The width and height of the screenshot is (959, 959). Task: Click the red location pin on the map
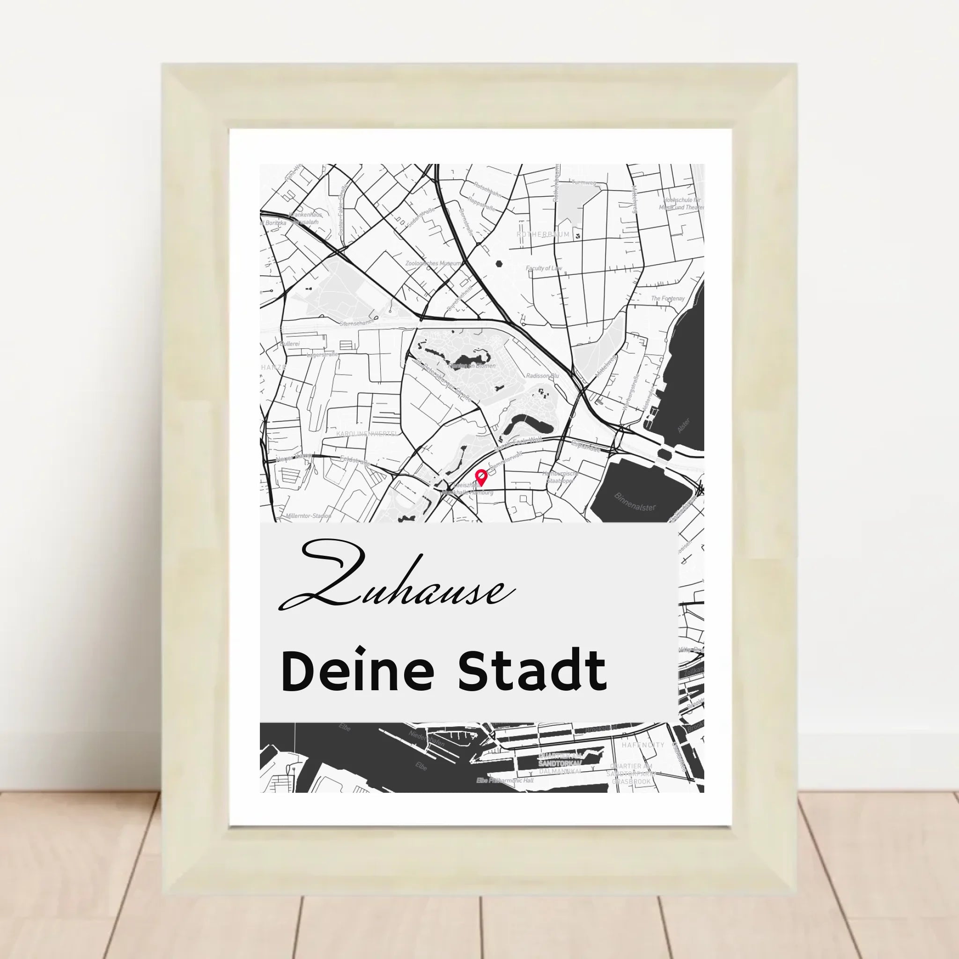(x=480, y=477)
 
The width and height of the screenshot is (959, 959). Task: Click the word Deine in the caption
(x=357, y=672)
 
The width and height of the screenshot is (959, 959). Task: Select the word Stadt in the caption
(x=531, y=672)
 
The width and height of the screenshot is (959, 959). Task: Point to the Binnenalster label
(x=635, y=502)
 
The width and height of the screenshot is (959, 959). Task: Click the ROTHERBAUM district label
(x=543, y=234)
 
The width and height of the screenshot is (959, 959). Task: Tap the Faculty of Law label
(x=544, y=268)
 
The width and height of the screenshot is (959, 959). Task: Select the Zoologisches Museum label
(x=433, y=263)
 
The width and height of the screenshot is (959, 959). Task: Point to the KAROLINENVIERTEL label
(x=367, y=434)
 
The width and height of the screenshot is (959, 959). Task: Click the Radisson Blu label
(x=543, y=376)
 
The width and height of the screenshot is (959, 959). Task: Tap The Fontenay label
(x=668, y=298)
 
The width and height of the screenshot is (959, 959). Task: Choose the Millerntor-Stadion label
(x=308, y=516)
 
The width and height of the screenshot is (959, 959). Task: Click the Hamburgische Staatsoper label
(x=560, y=477)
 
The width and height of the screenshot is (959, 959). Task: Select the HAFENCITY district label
(x=643, y=745)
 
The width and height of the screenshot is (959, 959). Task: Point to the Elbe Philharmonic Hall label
(x=505, y=780)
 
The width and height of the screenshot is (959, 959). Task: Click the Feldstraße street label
(x=355, y=461)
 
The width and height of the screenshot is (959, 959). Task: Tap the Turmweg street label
(x=584, y=182)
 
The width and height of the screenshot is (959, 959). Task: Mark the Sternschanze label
(x=356, y=323)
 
